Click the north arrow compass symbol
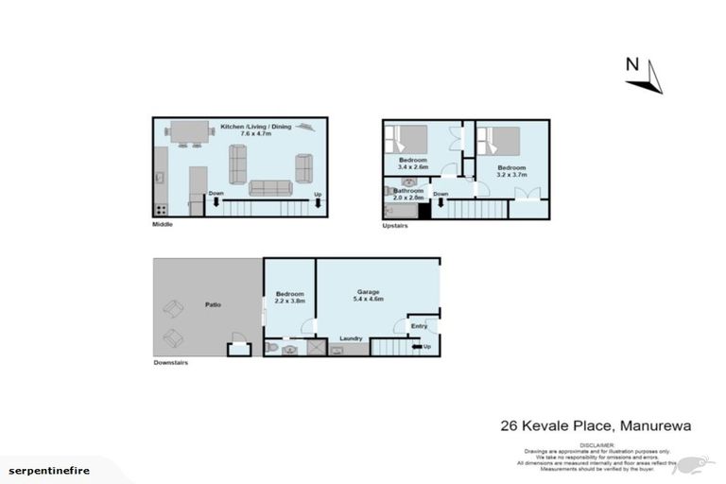[644, 76]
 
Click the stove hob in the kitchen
[161, 209]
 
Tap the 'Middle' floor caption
[163, 225]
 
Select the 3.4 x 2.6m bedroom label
[412, 164]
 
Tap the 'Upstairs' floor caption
[395, 226]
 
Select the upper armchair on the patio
[174, 307]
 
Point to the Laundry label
[354, 337]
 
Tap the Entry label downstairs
[419, 327]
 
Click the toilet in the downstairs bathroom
[272, 348]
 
